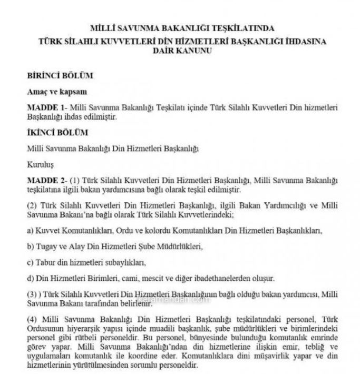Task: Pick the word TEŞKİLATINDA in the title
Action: point(245,27)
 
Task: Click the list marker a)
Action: point(30,231)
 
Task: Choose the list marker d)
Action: point(30,278)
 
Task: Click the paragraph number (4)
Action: point(33,318)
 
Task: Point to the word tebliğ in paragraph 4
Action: point(306,351)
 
